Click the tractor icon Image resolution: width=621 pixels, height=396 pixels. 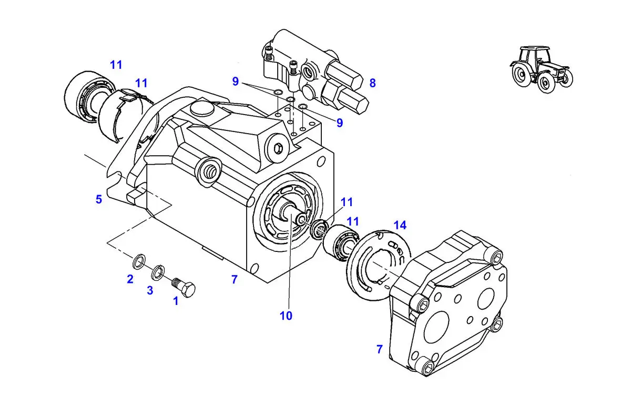click(x=541, y=69)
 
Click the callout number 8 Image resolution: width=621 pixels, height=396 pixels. click(x=372, y=83)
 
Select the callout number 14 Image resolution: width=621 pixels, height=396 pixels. click(x=400, y=225)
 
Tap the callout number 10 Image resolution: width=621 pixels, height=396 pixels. click(x=286, y=316)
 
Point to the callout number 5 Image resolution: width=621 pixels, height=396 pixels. click(x=99, y=199)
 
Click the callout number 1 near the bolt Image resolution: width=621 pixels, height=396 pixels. click(x=176, y=301)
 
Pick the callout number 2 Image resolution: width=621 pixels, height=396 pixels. click(x=130, y=279)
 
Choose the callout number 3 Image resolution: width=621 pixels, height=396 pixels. click(x=150, y=291)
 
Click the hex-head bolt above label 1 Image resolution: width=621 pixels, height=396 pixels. click(x=184, y=287)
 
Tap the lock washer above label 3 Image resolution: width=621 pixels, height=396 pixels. click(x=158, y=271)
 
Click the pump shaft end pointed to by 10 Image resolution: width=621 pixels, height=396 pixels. click(x=301, y=219)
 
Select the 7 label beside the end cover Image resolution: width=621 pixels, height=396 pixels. click(x=380, y=349)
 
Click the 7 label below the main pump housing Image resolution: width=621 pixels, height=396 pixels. click(x=235, y=280)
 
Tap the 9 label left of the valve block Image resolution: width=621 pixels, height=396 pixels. click(x=236, y=82)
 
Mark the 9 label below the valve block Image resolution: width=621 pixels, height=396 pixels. click(x=339, y=123)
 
